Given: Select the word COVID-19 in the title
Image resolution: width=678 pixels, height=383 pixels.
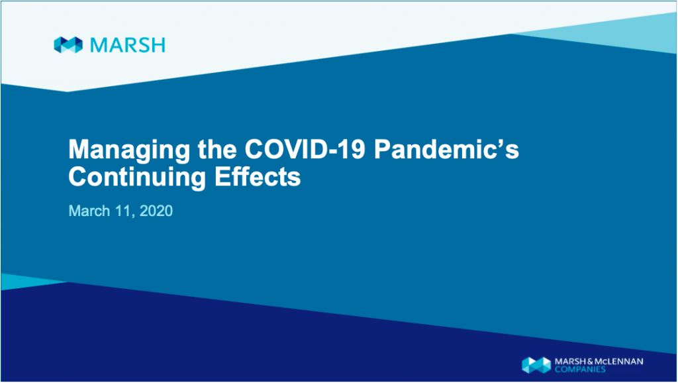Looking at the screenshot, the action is pyautogui.click(x=305, y=148).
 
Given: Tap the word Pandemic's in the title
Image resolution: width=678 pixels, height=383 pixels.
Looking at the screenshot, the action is pyautogui.click(x=447, y=148).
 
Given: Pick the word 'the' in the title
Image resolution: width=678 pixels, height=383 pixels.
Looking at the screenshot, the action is pyautogui.click(x=217, y=148).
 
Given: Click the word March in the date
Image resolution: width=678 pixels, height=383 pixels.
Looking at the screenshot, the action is pyautogui.click(x=89, y=211).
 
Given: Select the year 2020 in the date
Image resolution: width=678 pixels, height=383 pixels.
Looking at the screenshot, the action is pyautogui.click(x=156, y=211).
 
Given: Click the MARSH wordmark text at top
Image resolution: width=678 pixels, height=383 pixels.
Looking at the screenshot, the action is pyautogui.click(x=128, y=45).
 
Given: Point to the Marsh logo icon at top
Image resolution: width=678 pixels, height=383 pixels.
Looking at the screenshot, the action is pyautogui.click(x=68, y=45).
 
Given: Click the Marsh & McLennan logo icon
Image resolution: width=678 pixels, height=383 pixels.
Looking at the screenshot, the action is pyautogui.click(x=536, y=365).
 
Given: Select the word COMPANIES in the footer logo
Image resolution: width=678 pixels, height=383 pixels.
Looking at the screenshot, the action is pyautogui.click(x=580, y=369).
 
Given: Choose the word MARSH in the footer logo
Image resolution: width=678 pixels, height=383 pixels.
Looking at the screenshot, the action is pyautogui.click(x=571, y=361).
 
